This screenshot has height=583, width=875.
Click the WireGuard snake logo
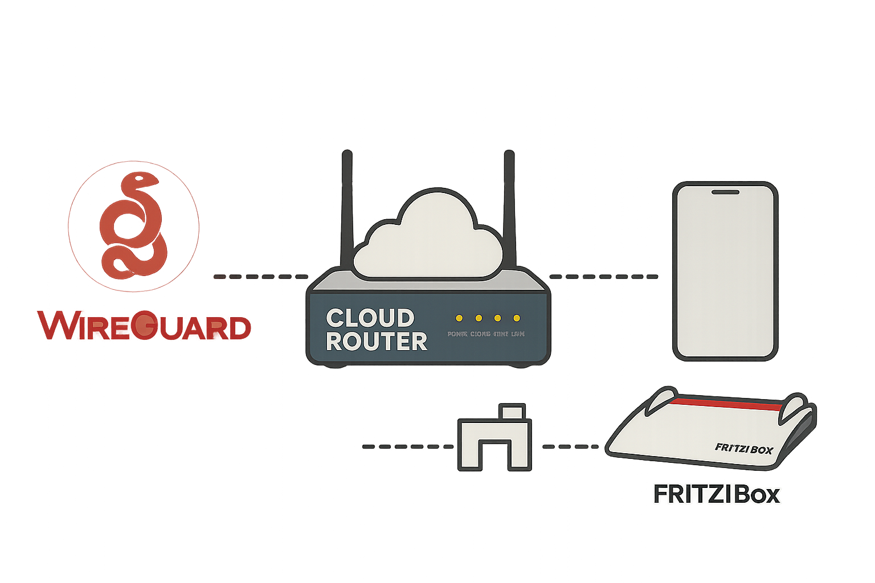point(133,226)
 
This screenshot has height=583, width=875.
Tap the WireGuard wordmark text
point(145,326)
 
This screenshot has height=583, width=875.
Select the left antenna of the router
point(346,211)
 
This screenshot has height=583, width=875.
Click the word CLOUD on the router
point(370,318)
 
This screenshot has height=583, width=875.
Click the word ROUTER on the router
point(377,342)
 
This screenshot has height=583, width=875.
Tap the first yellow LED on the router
point(459,318)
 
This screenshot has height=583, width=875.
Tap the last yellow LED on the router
point(517,318)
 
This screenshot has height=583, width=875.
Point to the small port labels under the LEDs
point(486,334)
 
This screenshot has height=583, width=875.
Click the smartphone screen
point(725,273)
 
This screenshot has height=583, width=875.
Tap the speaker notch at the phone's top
point(725,192)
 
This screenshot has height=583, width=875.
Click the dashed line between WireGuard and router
point(260,277)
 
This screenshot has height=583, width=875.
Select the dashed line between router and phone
point(603,277)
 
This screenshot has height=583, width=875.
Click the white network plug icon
point(494,438)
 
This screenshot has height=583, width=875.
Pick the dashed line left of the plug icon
point(408,447)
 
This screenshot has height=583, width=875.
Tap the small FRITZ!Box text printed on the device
point(743,449)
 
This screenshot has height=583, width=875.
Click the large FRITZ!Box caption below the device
point(716,494)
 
